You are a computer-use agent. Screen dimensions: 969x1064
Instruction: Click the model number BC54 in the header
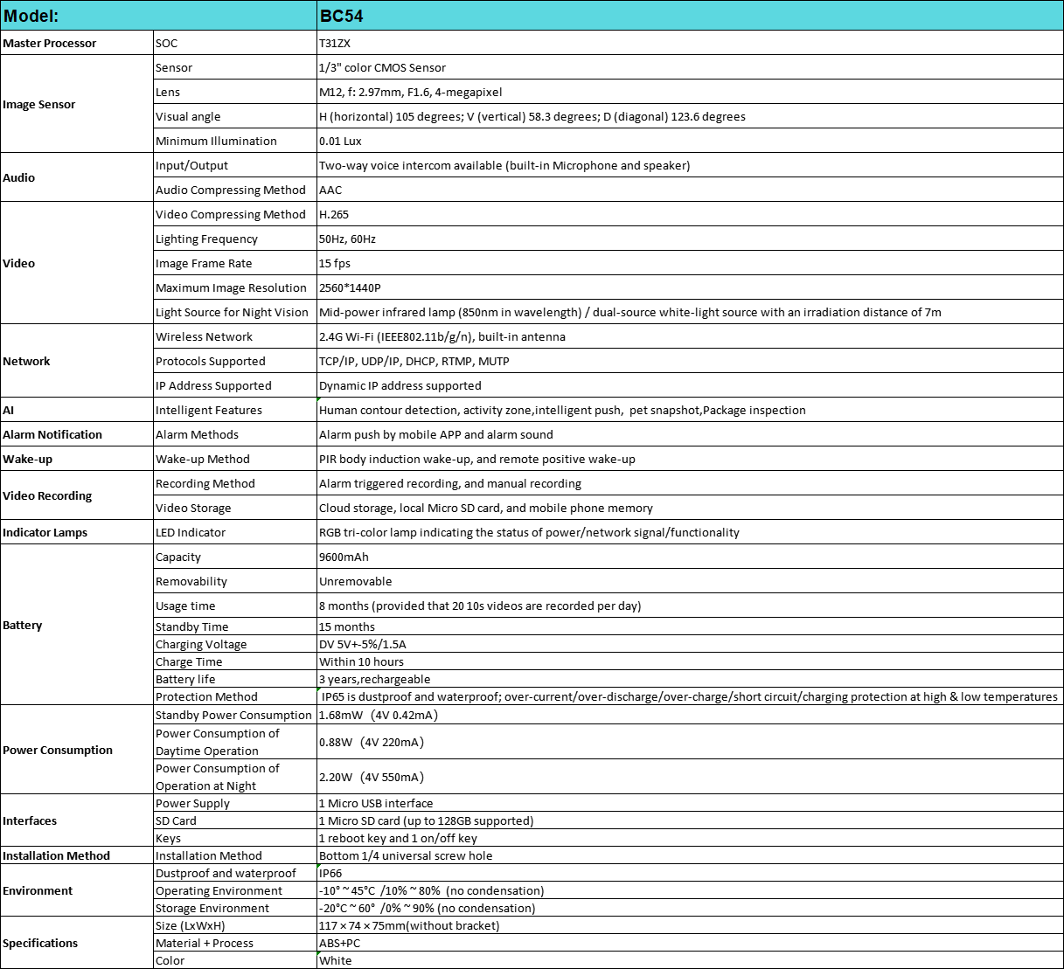[x=341, y=16]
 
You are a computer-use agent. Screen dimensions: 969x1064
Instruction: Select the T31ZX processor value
[x=334, y=43]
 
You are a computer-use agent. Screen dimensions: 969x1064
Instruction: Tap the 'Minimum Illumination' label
[x=216, y=141]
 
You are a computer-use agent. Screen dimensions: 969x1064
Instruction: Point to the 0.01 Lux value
[x=340, y=141]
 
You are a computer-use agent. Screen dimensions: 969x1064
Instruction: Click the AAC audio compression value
[x=330, y=190]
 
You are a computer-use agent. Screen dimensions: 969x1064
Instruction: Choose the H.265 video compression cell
[x=334, y=214]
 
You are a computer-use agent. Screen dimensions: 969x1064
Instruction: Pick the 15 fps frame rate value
[x=335, y=263]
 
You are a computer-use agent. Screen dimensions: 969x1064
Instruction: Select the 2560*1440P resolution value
[x=350, y=287]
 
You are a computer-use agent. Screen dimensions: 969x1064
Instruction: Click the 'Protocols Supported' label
[x=210, y=361]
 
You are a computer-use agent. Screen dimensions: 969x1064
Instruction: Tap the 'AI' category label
[x=9, y=410]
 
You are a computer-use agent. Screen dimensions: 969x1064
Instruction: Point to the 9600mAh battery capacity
[x=344, y=557]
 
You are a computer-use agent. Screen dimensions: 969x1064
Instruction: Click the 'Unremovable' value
[x=355, y=581]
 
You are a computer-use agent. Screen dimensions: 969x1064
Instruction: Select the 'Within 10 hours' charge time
[x=361, y=661]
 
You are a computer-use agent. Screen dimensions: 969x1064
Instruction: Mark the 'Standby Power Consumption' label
[x=233, y=715]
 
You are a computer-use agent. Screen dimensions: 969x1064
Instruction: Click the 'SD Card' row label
[x=176, y=820]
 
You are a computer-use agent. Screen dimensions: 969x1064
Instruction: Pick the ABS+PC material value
[x=339, y=943]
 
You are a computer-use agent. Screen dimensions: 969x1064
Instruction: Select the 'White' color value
[x=336, y=960]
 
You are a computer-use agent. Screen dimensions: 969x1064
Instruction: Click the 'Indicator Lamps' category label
[x=45, y=532]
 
